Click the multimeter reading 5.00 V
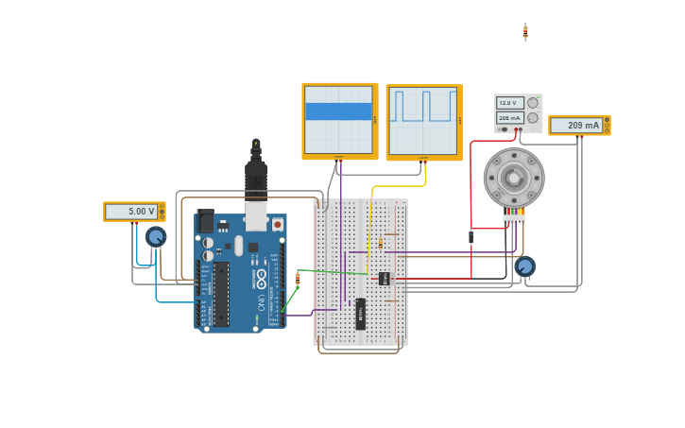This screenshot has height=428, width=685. pyautogui.click(x=133, y=212)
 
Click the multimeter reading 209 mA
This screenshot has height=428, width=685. pyautogui.click(x=579, y=125)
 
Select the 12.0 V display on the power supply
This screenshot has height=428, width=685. pyautogui.click(x=509, y=103)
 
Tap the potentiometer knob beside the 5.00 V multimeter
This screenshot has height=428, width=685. pyautogui.click(x=156, y=236)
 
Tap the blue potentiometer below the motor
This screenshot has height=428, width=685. pyautogui.click(x=525, y=266)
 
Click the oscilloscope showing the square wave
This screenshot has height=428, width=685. pyautogui.click(x=423, y=121)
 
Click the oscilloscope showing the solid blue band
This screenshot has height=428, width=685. pyautogui.click(x=339, y=120)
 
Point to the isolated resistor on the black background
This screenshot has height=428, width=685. pyautogui.click(x=525, y=32)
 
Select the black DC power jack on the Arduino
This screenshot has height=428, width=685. pyautogui.click(x=204, y=221)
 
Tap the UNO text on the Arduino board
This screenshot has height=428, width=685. pyautogui.click(x=262, y=301)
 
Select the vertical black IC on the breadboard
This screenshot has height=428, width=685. pyautogui.click(x=360, y=314)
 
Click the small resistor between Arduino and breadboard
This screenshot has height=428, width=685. pyautogui.click(x=299, y=278)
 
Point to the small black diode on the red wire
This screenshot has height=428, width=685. pyautogui.click(x=471, y=237)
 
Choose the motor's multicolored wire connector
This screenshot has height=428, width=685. pyautogui.click(x=514, y=219)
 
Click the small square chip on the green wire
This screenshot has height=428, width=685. pyautogui.click(x=384, y=278)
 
